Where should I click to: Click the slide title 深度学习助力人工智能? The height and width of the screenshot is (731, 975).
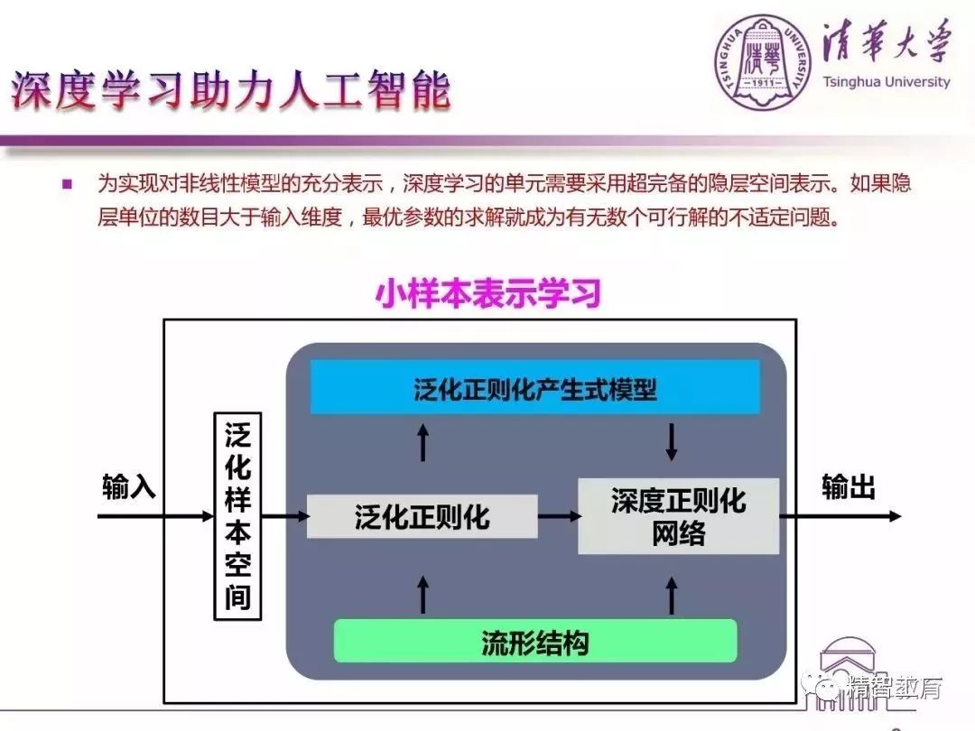coord(230,92)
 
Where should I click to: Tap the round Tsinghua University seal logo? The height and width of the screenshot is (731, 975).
coord(764,57)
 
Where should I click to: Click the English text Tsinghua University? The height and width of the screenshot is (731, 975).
coord(887,82)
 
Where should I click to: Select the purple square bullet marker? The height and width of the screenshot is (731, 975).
coord(67,184)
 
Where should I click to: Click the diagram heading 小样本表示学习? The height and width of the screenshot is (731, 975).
coord(488,295)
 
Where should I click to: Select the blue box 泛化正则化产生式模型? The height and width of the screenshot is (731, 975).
coord(534,388)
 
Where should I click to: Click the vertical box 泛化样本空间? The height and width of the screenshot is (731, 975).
coord(237,516)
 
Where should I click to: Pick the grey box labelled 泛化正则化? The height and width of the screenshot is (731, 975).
coord(422,516)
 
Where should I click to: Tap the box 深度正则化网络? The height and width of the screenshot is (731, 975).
coord(678,516)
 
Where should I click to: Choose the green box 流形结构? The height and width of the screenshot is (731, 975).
coord(534,642)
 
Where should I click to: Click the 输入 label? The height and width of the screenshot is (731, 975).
coord(129,488)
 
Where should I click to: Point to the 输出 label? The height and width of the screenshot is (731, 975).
coord(848,488)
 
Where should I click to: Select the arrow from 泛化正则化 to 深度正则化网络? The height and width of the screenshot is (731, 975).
coord(559,516)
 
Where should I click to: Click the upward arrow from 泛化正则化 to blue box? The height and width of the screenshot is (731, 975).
coord(422,441)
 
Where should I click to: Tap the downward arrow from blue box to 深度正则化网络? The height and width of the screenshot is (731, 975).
coord(671,441)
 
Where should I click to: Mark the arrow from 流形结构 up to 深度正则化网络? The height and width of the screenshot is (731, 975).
coord(671,593)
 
